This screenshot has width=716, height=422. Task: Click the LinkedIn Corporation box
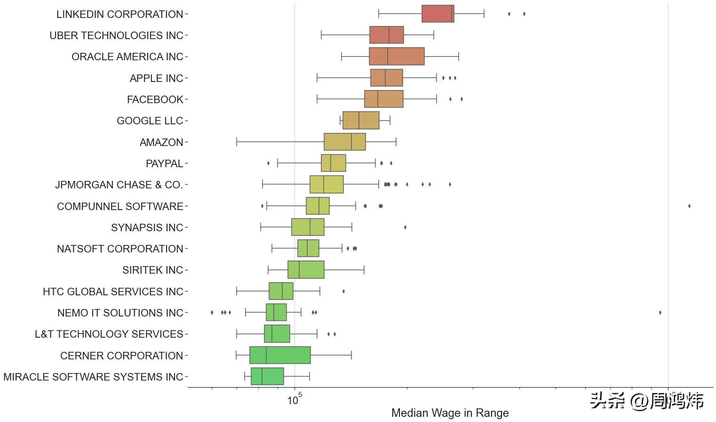[x=438, y=14]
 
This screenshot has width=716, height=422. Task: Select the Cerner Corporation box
[x=280, y=355]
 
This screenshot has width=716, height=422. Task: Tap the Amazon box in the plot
[x=344, y=142]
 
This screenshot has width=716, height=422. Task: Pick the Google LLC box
[x=361, y=121]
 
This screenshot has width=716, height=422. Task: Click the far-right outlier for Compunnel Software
[x=689, y=206]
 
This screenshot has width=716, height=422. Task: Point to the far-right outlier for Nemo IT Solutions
[x=660, y=312]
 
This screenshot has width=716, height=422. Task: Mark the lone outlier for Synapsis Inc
[x=405, y=227]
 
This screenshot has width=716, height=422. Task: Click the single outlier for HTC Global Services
[x=343, y=291]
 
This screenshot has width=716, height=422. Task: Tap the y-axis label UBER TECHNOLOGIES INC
[x=116, y=35]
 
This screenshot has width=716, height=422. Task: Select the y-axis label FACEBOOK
[x=155, y=99]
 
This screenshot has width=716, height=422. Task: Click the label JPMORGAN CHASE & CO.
[x=119, y=185]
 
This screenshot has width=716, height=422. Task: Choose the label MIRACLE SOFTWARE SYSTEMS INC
[x=93, y=377]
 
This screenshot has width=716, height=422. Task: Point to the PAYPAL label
[x=164, y=163]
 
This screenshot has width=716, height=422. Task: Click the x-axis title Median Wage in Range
[x=450, y=413]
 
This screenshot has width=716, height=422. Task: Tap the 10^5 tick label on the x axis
[x=294, y=400]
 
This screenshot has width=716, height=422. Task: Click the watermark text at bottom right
[x=646, y=400]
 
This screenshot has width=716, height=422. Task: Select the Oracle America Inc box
[x=397, y=57]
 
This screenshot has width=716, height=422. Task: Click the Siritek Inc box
[x=306, y=270]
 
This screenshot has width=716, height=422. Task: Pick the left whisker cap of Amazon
[x=237, y=142]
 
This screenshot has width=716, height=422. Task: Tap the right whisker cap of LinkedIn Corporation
[x=484, y=14]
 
